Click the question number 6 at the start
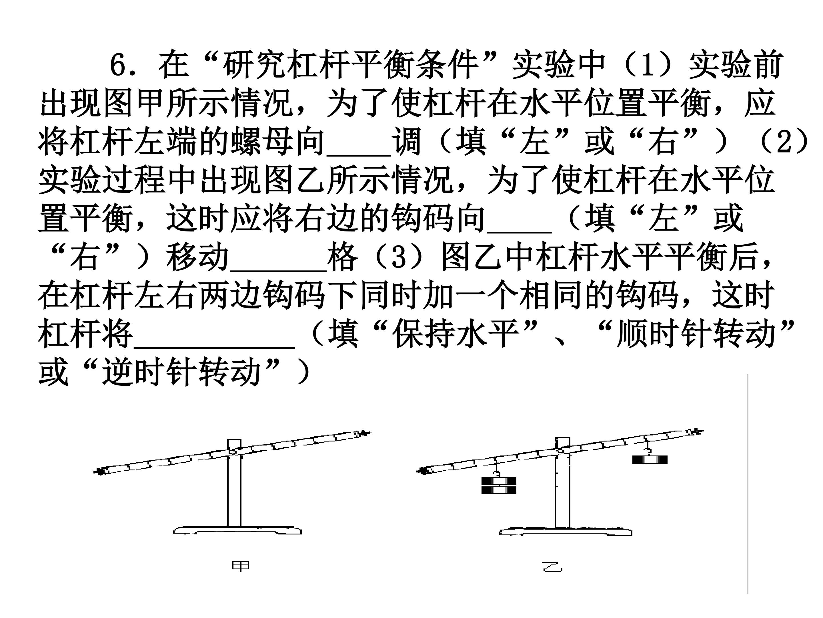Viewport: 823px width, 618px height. (120, 65)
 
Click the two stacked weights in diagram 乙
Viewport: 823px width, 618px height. (499, 485)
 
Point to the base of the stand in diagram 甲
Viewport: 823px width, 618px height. (237, 530)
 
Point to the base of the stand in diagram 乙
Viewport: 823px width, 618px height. (565, 532)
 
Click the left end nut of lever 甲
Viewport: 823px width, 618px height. (100, 472)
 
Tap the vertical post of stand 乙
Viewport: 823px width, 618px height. (562, 496)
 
